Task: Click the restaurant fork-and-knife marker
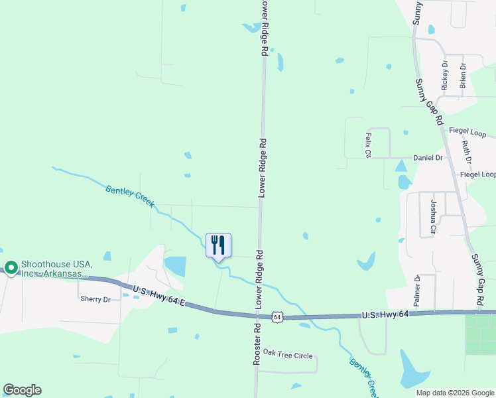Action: click(x=219, y=246)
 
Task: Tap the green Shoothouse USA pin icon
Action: click(x=11, y=268)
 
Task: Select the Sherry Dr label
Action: click(x=95, y=299)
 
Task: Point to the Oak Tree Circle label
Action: click(x=287, y=355)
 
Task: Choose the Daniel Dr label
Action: click(x=428, y=158)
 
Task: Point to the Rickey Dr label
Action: click(x=445, y=76)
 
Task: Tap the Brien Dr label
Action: click(x=463, y=76)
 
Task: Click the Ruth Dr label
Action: click(x=467, y=152)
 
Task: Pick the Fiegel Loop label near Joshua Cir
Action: click(x=477, y=174)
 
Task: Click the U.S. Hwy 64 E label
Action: click(x=157, y=296)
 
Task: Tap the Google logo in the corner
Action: click(x=22, y=390)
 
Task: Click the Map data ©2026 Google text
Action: click(x=455, y=393)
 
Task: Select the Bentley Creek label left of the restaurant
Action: click(x=129, y=196)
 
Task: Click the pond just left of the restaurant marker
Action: click(x=175, y=266)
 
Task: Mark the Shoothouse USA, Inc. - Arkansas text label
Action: click(x=55, y=268)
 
